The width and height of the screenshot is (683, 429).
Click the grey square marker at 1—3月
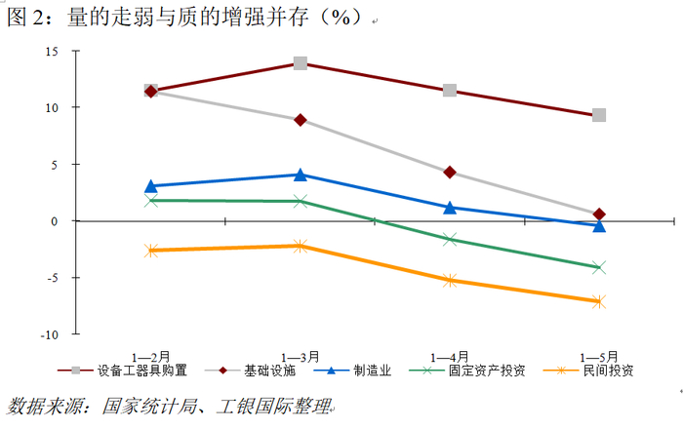301,63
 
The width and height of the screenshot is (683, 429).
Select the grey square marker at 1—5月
599,115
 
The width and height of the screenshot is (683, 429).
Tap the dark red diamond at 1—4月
450,173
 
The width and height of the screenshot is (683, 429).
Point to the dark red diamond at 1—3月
301,120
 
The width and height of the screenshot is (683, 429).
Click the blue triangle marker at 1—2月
150,186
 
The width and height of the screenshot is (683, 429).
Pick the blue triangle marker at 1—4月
450,208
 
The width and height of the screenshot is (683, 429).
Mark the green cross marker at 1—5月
599,267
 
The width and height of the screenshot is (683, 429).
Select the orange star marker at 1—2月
150,251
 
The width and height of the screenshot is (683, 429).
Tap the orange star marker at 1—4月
450,281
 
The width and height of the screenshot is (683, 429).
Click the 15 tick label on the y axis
52,52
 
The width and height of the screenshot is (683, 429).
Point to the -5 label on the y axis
53,278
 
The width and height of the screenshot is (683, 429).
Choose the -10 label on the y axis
49,335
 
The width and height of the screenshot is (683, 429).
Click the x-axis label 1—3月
301,358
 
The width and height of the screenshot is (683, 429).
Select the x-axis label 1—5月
599,358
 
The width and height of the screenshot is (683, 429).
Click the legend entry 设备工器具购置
122,370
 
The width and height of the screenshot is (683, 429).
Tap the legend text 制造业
373,370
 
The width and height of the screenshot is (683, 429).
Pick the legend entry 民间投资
589,370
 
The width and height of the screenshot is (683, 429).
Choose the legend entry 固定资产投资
467,370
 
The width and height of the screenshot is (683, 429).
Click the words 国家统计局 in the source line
149,407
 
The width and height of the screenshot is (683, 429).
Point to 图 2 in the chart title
25,18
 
